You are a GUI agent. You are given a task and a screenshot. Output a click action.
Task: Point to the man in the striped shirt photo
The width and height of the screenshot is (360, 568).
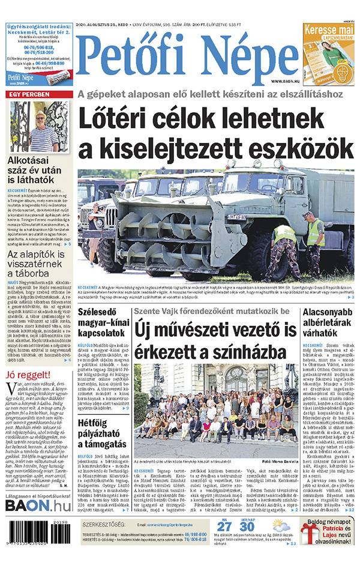pyautogui.click(x=39, y=126)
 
